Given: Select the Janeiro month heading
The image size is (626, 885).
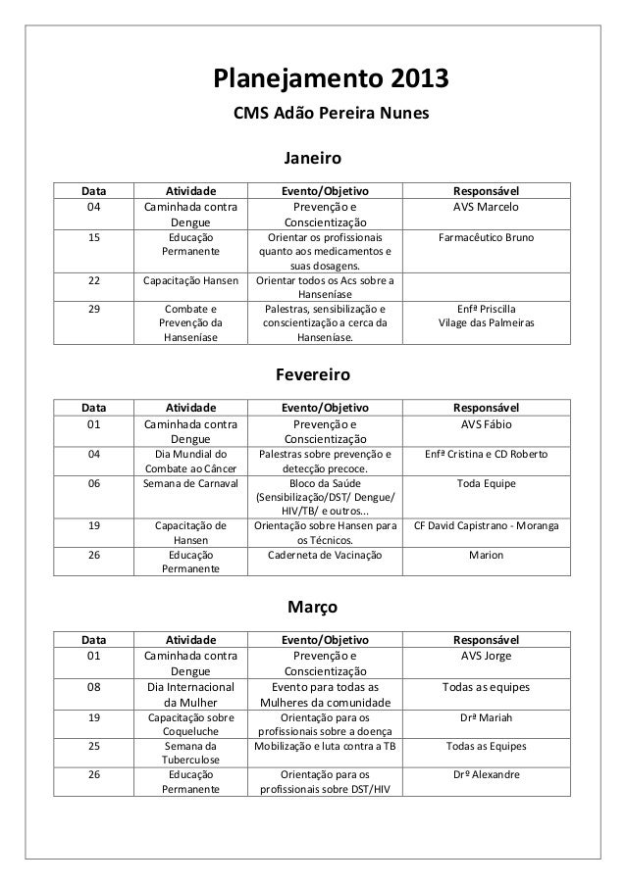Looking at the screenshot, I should [x=312, y=158].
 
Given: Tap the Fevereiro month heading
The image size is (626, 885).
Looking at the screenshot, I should [x=312, y=376].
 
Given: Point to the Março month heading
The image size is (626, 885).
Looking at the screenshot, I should [x=312, y=609].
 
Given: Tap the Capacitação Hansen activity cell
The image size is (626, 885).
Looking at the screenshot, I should [x=190, y=281].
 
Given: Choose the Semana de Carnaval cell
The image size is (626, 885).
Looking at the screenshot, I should [x=190, y=483].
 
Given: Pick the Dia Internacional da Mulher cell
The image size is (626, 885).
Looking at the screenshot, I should [x=190, y=695].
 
